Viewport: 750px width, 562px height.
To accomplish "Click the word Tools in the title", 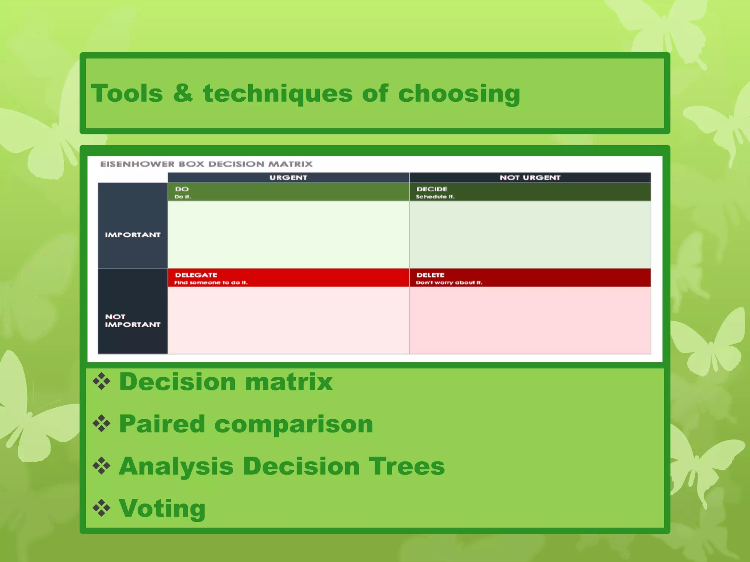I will (127, 93).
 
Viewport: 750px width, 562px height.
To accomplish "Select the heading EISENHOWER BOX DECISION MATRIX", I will (207, 164).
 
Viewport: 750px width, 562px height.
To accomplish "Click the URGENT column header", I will (288, 177).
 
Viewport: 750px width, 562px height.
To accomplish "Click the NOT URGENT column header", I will (530, 177).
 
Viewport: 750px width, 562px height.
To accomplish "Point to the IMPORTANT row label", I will (133, 235).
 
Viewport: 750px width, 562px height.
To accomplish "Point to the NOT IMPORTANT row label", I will (133, 321).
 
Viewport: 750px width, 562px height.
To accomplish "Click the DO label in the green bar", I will (182, 189).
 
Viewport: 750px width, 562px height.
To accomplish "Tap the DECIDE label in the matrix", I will (432, 189).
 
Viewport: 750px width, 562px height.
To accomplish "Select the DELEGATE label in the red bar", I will (196, 275).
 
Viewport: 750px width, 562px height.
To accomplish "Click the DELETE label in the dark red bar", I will (430, 275).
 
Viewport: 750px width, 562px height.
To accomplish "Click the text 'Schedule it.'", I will (435, 197).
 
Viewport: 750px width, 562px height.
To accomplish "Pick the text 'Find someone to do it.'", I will (211, 282).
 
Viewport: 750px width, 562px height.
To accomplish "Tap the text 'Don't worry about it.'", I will (449, 282).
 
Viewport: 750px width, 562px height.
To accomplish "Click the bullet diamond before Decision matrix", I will (101, 382).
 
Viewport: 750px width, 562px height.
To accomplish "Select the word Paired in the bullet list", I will (162, 424).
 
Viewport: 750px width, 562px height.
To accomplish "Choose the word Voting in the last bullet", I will (162, 508).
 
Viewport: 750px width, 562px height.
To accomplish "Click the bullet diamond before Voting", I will (101, 508).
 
